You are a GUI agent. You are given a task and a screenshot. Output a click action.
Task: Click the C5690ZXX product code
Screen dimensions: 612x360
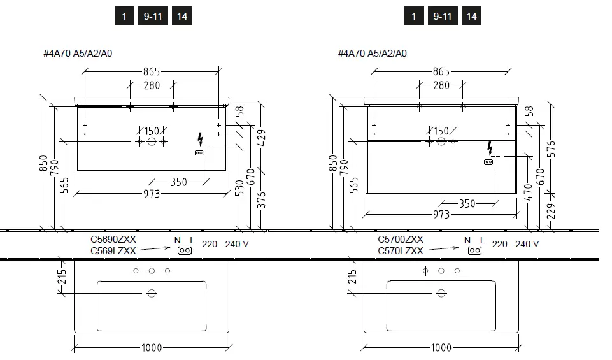113,240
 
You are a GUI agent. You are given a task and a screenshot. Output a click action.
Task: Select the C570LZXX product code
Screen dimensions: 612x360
401,251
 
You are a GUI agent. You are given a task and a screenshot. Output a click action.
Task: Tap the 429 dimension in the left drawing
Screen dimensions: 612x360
262,138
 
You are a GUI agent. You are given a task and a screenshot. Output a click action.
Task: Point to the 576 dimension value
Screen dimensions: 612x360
551,148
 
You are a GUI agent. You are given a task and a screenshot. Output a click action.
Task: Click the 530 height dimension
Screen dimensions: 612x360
239,188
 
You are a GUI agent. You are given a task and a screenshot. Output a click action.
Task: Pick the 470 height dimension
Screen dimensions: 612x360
528,192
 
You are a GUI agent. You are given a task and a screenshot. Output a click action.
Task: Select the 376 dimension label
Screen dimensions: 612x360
262,200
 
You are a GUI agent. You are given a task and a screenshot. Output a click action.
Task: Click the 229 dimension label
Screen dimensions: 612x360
551,212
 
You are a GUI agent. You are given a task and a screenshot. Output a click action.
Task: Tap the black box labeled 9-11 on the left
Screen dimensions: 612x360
153,17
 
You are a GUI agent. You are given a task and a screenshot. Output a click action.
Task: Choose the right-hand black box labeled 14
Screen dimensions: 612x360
471,17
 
